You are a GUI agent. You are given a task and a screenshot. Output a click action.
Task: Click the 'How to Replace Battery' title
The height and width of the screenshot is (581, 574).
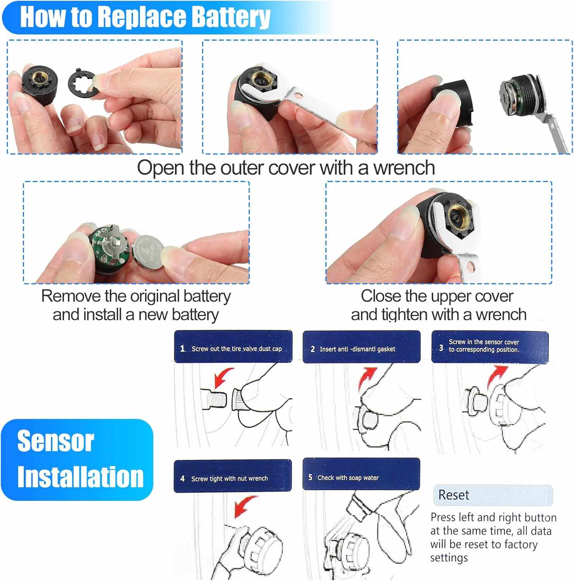145,17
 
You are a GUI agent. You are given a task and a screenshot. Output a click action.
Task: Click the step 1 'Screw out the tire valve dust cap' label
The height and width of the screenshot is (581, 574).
233,348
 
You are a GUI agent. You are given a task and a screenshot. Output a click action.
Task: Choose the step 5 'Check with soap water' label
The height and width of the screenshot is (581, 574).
361,477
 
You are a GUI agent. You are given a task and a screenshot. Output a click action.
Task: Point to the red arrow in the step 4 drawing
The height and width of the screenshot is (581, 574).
244,506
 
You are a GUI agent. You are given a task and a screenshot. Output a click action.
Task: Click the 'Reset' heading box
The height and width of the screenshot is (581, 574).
493,495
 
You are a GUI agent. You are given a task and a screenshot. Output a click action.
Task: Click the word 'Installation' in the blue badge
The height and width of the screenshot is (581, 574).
80,477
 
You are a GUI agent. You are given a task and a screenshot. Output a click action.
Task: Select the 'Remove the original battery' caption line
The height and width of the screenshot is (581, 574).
136,296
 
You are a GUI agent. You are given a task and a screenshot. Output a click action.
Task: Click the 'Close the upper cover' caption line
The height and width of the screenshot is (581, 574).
437,296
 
